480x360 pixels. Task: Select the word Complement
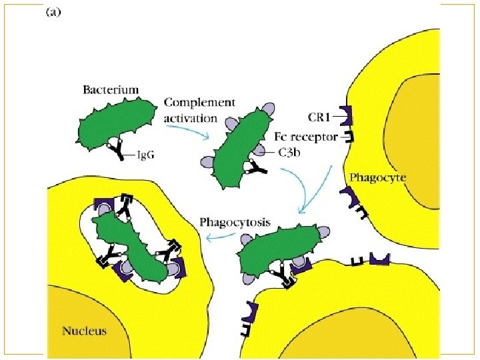pos(199,103)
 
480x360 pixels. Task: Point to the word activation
pos(191,118)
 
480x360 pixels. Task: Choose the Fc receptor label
pos(307,136)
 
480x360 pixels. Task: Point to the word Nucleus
pos(84,330)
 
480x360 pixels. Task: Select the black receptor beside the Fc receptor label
pos(348,137)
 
